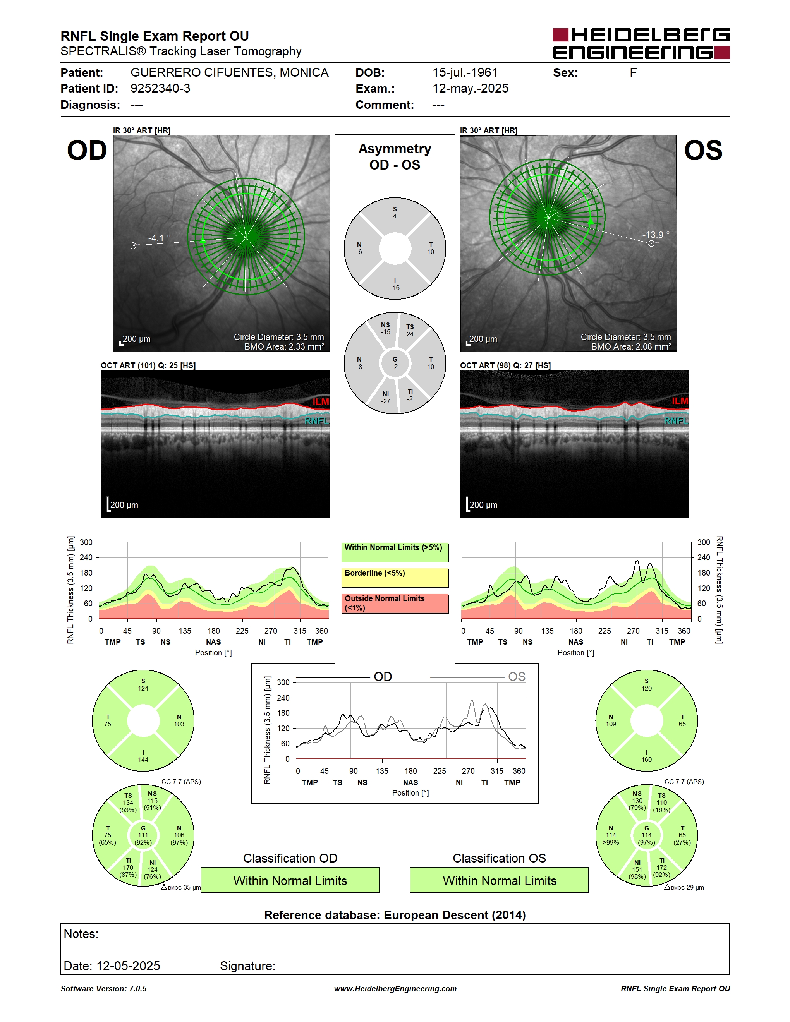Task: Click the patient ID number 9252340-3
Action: tap(160, 88)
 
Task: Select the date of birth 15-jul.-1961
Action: tap(465, 72)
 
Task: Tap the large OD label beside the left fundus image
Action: tap(87, 151)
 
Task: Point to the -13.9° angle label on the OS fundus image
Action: tap(656, 235)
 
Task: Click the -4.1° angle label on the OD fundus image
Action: tap(159, 238)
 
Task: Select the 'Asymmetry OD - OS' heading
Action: tap(395, 157)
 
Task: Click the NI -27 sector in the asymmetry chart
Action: tap(386, 397)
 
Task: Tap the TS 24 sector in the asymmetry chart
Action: tap(410, 330)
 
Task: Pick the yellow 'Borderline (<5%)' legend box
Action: tap(395, 578)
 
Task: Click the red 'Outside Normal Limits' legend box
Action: tap(395, 603)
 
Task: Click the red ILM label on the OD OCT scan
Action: tap(321, 402)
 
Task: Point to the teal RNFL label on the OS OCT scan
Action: tap(676, 421)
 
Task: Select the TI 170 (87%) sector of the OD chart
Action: tap(128, 868)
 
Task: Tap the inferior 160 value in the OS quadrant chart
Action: tap(646, 760)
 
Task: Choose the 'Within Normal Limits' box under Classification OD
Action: tap(290, 880)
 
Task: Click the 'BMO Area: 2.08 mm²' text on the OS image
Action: tap(631, 346)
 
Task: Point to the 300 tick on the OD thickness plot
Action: tap(86, 542)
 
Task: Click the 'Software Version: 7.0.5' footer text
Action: tap(103, 988)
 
